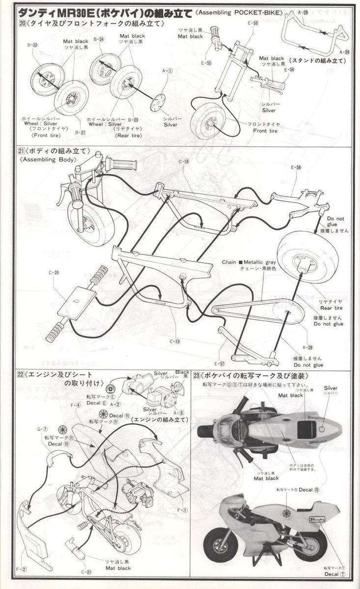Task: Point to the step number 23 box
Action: (197, 376)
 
